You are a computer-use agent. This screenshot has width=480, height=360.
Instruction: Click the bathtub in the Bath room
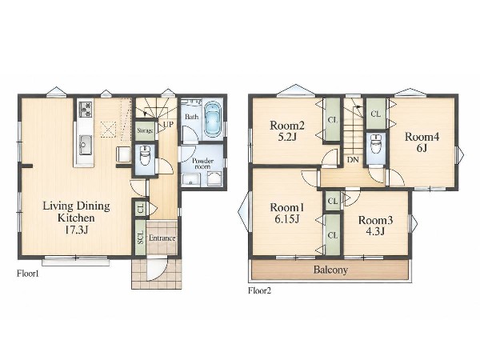click(x=213, y=119)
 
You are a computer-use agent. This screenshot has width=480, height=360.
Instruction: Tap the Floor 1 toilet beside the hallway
click(x=145, y=155)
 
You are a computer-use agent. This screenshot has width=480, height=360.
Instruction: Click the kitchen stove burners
click(x=86, y=110)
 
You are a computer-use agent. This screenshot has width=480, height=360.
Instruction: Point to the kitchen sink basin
click(x=86, y=145)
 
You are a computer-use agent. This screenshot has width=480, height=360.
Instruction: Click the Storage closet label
click(x=145, y=130)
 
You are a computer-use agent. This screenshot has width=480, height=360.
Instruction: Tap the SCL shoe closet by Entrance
click(x=141, y=238)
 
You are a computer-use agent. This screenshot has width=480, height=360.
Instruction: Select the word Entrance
click(x=162, y=238)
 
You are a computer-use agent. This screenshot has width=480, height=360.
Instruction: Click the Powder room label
click(x=202, y=163)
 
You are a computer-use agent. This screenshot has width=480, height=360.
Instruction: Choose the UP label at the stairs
click(x=168, y=125)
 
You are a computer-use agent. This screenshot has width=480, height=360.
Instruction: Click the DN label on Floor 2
click(x=353, y=159)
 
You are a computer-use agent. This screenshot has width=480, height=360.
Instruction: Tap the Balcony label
click(x=330, y=270)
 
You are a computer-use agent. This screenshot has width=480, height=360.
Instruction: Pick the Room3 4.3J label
click(x=376, y=226)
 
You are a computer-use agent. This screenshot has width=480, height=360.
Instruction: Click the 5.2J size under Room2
click(x=287, y=137)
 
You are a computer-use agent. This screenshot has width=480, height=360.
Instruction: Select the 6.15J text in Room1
click(x=287, y=219)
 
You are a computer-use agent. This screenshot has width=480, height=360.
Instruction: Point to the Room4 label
click(x=422, y=137)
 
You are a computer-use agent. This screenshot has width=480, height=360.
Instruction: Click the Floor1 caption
click(x=28, y=274)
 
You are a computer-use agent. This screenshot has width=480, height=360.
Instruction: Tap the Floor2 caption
click(x=259, y=290)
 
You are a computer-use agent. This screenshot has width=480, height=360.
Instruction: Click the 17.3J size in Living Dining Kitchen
click(x=77, y=230)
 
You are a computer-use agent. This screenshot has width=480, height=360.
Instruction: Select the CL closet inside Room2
click(x=333, y=120)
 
